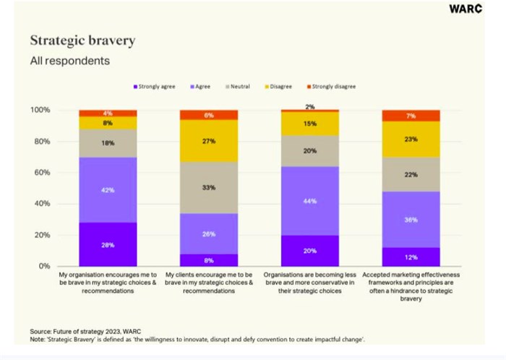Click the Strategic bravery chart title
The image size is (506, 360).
click(x=82, y=40)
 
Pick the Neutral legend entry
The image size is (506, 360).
click(x=238, y=86)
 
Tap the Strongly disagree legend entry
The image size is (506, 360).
click(x=333, y=86)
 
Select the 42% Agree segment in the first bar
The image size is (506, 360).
click(x=108, y=190)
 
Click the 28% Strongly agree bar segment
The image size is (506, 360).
click(x=108, y=244)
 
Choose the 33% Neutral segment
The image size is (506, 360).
click(x=209, y=187)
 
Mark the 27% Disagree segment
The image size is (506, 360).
click(x=209, y=141)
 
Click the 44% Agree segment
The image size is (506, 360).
click(x=310, y=201)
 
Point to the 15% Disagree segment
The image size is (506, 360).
click(x=310, y=124)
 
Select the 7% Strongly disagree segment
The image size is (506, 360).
click(x=411, y=116)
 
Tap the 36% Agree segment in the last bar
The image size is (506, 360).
click(x=411, y=220)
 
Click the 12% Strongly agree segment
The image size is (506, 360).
click(x=411, y=257)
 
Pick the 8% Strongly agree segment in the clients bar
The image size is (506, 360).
click(x=209, y=260)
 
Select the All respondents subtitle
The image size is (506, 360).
click(x=70, y=61)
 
